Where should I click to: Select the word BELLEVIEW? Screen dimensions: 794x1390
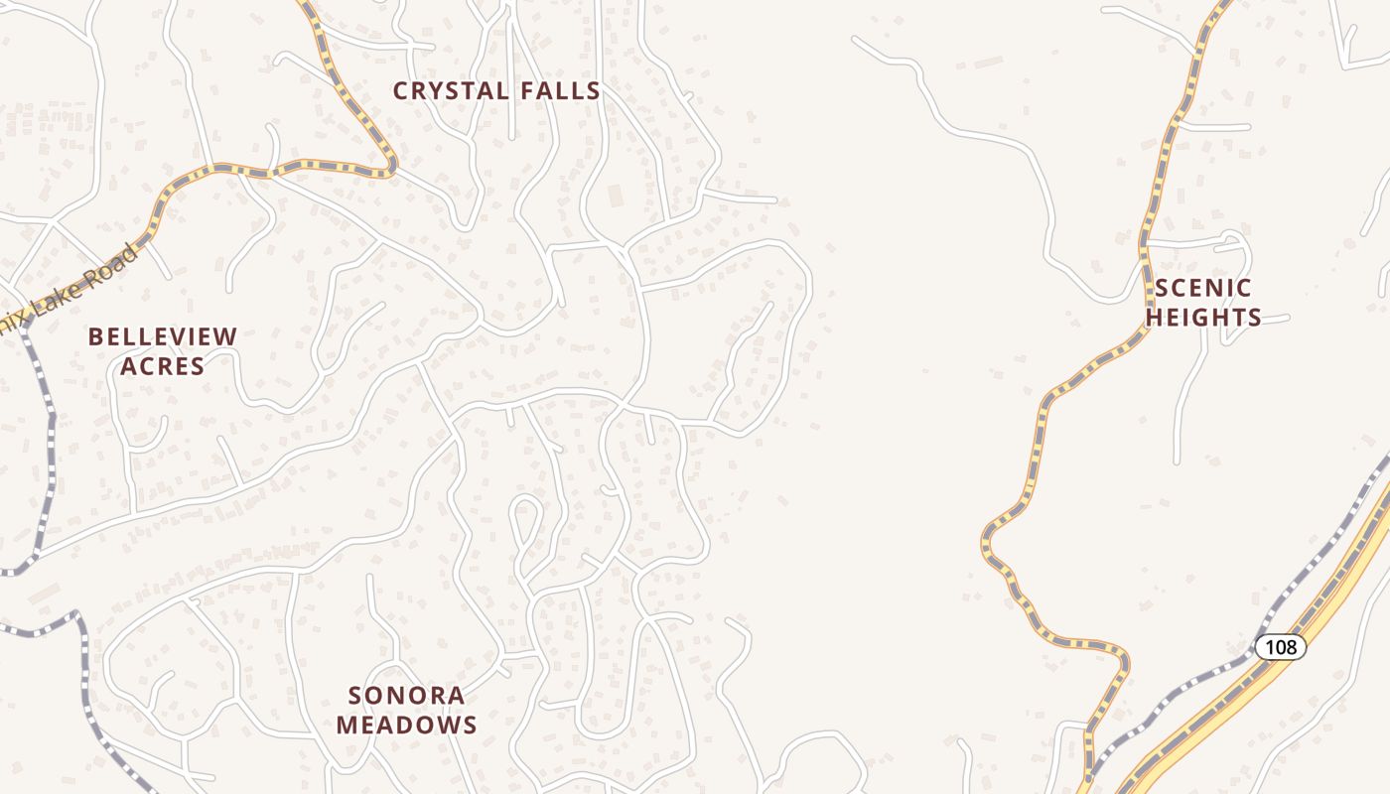coord(163,337)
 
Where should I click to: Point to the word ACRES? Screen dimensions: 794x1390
coord(163,366)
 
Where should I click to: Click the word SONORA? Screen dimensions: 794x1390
coord(406,695)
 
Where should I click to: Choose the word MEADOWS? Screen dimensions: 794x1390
coord(406,726)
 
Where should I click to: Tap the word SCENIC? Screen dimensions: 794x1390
coord(1202,289)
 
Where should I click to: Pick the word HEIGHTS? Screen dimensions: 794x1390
coord(1202,319)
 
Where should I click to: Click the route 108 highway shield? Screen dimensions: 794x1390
coord(1281,647)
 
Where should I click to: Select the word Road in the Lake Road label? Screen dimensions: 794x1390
coord(110,269)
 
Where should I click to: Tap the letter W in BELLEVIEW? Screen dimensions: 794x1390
coord(227,337)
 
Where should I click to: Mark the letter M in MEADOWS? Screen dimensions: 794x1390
coord(346,726)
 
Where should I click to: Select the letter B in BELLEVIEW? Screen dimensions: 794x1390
coord(95,337)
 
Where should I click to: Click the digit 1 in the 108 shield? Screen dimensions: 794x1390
coord(1270,647)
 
